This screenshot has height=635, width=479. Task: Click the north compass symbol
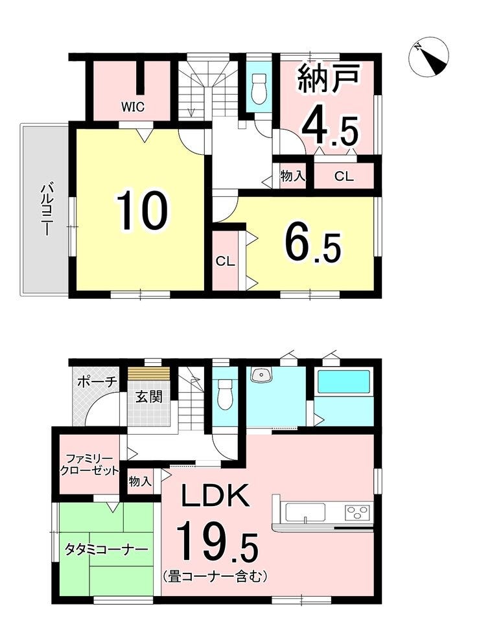coord(429,59)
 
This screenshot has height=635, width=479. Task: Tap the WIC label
coord(132,108)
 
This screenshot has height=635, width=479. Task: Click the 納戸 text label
coord(329,78)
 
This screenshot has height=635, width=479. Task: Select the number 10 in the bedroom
coord(142,211)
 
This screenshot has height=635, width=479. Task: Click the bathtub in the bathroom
coord(344,382)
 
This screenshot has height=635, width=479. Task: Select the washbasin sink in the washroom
coord(260,375)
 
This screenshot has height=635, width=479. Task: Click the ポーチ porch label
coord(97,382)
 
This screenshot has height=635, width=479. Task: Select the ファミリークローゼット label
coord(89,465)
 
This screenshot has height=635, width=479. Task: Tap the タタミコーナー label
coord(106,549)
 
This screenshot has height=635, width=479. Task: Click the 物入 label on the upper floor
coord(292,176)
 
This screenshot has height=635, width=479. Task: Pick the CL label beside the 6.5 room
coord(226,261)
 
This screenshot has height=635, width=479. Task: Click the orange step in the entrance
coord(148,373)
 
